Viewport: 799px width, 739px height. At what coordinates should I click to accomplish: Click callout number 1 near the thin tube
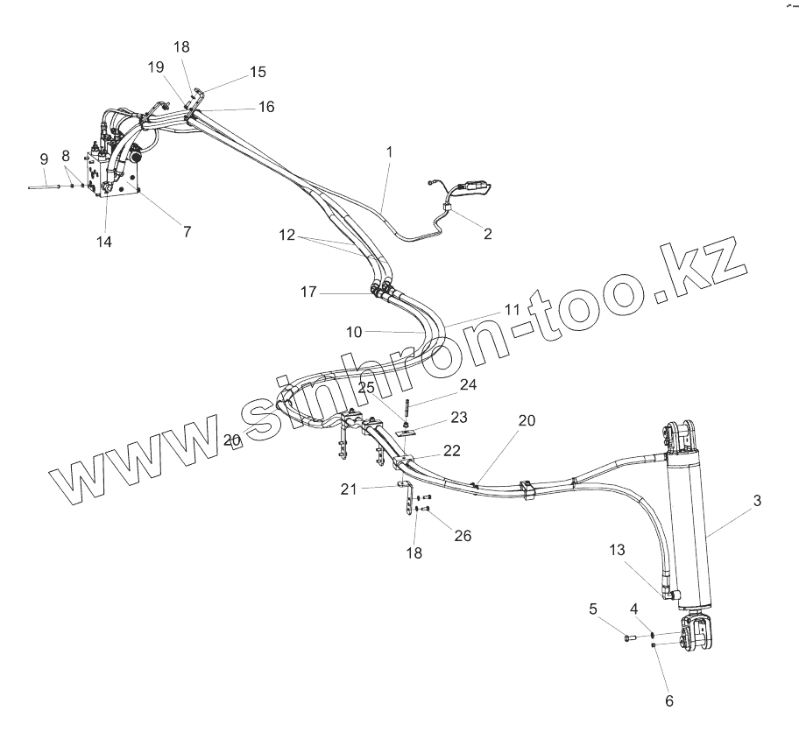click(389, 151)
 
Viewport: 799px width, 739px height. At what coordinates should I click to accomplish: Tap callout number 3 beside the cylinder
click(757, 501)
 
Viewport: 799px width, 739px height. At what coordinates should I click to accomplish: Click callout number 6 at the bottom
click(669, 700)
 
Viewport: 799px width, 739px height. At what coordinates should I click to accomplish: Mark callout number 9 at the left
click(44, 158)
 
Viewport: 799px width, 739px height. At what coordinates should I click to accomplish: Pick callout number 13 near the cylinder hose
click(618, 549)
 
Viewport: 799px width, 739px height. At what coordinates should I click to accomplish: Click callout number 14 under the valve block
click(105, 242)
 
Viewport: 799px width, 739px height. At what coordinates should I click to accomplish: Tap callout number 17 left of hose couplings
click(308, 292)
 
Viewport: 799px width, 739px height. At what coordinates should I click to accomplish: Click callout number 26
click(462, 535)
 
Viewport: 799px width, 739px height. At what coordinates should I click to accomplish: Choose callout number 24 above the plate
click(468, 384)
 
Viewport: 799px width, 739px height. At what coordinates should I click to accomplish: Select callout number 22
click(452, 450)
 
